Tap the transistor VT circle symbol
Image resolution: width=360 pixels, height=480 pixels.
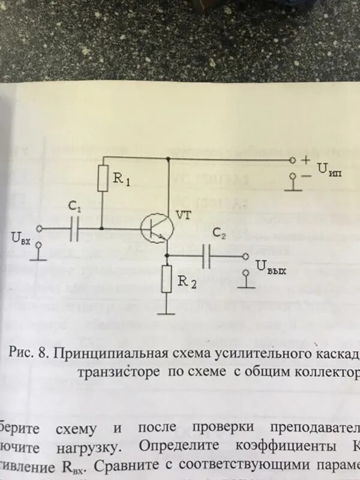pyautogui.click(x=157, y=229)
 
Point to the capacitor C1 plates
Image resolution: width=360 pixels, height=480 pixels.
pyautogui.click(x=75, y=229)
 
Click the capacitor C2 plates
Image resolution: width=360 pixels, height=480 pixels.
pyautogui.click(x=206, y=256)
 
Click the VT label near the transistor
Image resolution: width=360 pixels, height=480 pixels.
pyautogui.click(x=183, y=214)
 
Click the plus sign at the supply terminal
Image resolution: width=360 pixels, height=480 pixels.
pyautogui.click(x=307, y=160)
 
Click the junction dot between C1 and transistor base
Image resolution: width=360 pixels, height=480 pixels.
pyautogui.click(x=103, y=229)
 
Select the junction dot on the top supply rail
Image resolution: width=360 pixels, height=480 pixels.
pyautogui.click(x=169, y=160)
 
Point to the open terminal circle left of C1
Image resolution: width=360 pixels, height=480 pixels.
pyautogui.click(x=40, y=229)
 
